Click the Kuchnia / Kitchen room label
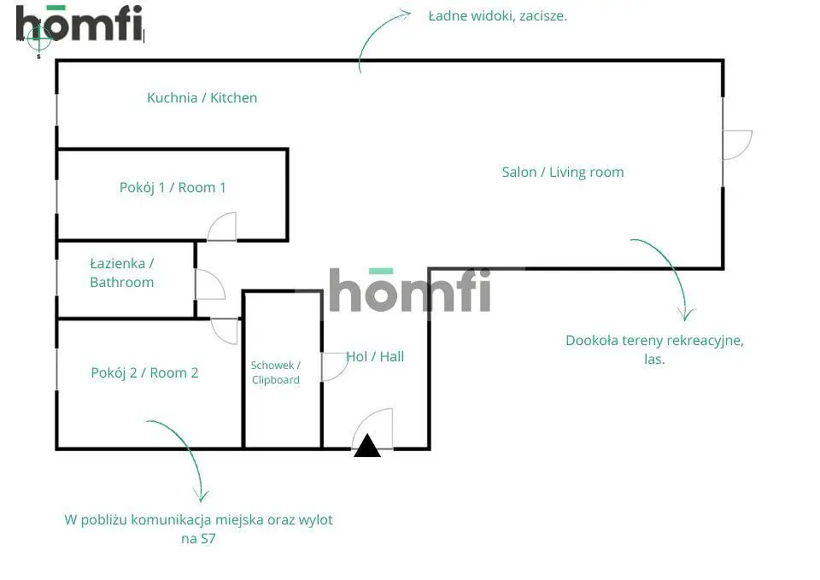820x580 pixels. tap(202, 97)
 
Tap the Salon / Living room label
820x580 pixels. tap(562, 172)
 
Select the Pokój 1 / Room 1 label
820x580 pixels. tap(173, 187)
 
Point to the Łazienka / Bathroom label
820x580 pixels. tap(122, 273)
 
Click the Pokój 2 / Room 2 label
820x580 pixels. tap(144, 372)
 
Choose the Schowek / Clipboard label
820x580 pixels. tap(275, 372)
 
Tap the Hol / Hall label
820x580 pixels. tap(375, 356)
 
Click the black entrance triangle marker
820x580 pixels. tap(367, 446)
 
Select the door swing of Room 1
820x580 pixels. tap(222, 227)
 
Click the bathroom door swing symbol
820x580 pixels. tap(209, 285)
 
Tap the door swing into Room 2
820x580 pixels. tap(225, 331)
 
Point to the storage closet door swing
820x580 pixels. tap(333, 366)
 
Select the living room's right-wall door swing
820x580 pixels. tap(736, 144)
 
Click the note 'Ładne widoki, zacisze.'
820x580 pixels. tap(497, 15)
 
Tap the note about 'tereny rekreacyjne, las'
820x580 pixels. tap(654, 349)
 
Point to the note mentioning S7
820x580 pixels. tap(198, 529)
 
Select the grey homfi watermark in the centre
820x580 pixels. tap(410, 290)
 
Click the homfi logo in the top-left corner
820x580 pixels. tap(79, 23)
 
